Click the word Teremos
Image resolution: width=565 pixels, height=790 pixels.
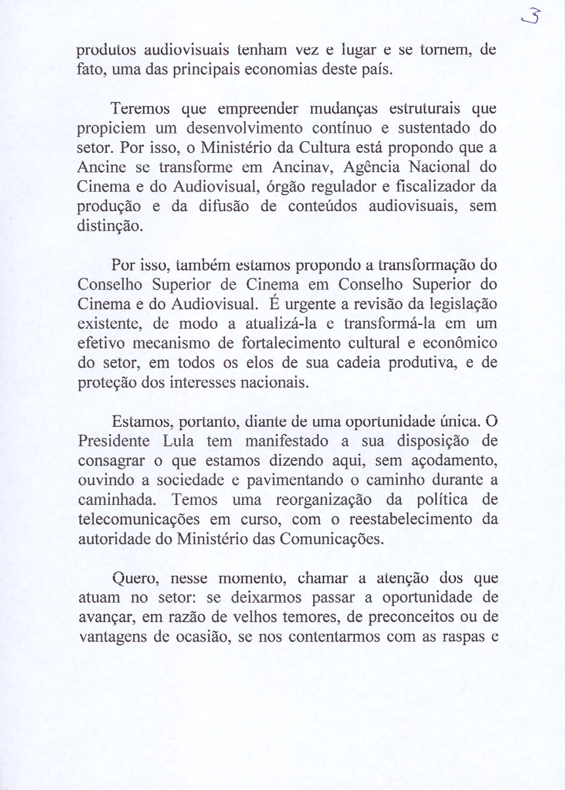(142, 107)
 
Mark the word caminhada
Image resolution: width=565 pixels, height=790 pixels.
(114, 500)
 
